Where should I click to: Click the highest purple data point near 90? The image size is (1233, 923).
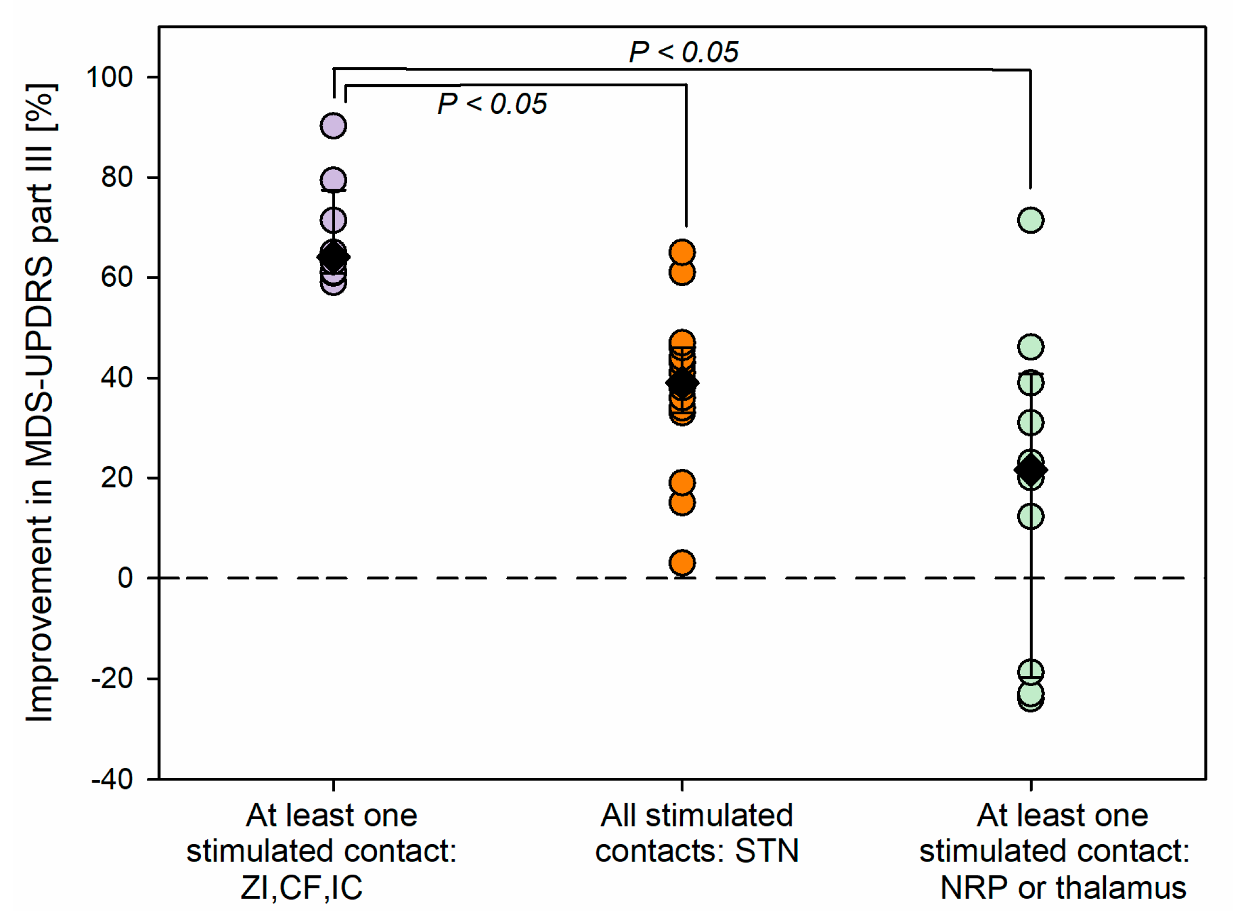(333, 126)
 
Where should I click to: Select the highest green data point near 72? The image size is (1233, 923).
(1031, 220)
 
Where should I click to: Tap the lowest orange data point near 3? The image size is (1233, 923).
(682, 563)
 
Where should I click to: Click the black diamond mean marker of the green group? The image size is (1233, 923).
(1031, 470)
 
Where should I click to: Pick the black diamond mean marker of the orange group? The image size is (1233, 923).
(682, 383)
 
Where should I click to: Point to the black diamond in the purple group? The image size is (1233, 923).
(333, 257)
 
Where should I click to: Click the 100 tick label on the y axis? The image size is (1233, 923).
(109, 77)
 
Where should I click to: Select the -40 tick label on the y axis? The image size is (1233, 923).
(111, 779)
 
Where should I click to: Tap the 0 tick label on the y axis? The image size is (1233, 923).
(125, 578)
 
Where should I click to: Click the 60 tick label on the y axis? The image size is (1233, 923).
(117, 278)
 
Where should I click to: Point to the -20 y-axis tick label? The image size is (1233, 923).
(111, 678)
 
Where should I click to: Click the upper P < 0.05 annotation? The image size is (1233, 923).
(683, 52)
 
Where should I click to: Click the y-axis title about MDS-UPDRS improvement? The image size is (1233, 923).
(40, 402)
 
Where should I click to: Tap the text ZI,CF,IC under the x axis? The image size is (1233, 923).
(302, 888)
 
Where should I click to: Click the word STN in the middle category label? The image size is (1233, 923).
(767, 850)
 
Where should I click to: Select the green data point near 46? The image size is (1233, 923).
(1031, 347)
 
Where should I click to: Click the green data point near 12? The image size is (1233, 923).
(1031, 517)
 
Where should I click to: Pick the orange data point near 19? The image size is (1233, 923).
(682, 482)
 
